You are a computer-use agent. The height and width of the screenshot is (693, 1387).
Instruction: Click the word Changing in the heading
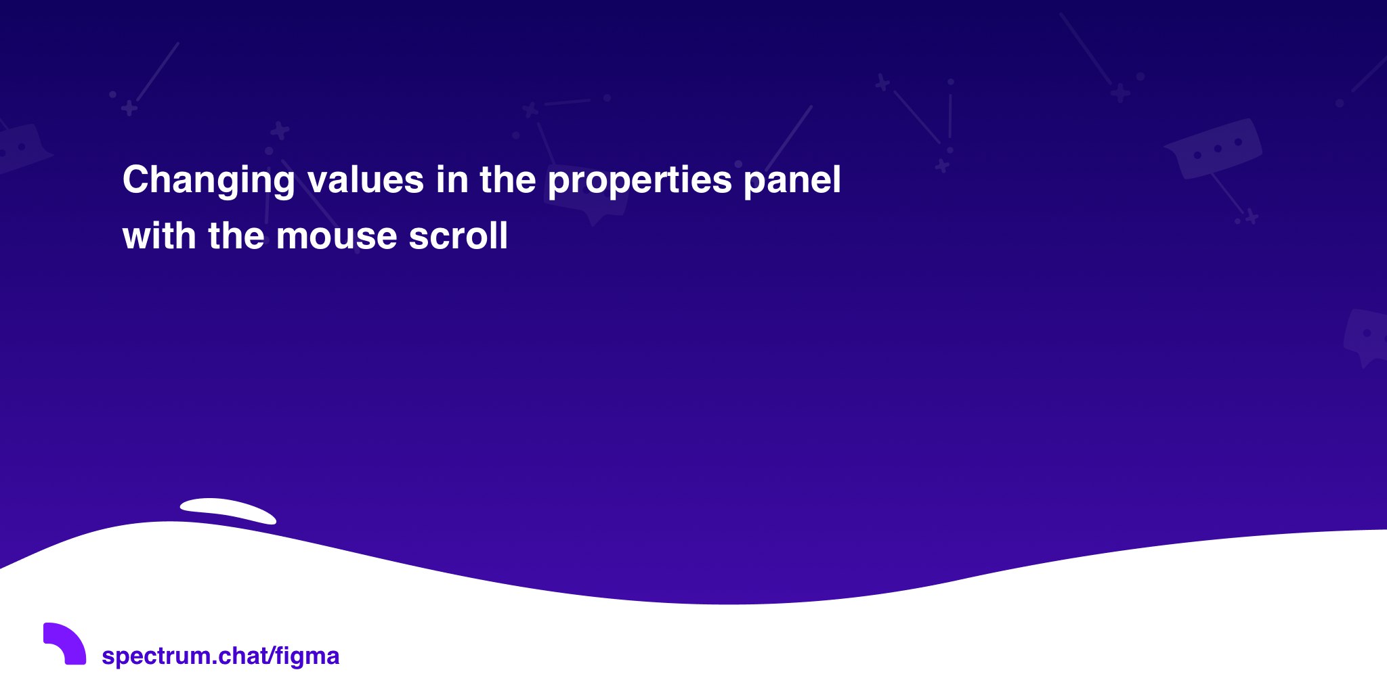click(x=209, y=181)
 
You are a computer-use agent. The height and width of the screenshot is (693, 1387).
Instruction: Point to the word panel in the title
click(x=792, y=181)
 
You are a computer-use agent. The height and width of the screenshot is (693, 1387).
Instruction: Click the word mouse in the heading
click(x=337, y=237)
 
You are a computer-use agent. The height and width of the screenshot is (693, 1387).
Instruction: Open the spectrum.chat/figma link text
click(x=220, y=656)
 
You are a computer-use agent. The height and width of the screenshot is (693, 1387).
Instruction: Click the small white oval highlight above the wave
click(x=228, y=510)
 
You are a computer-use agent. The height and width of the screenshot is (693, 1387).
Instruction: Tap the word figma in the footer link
click(x=307, y=656)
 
